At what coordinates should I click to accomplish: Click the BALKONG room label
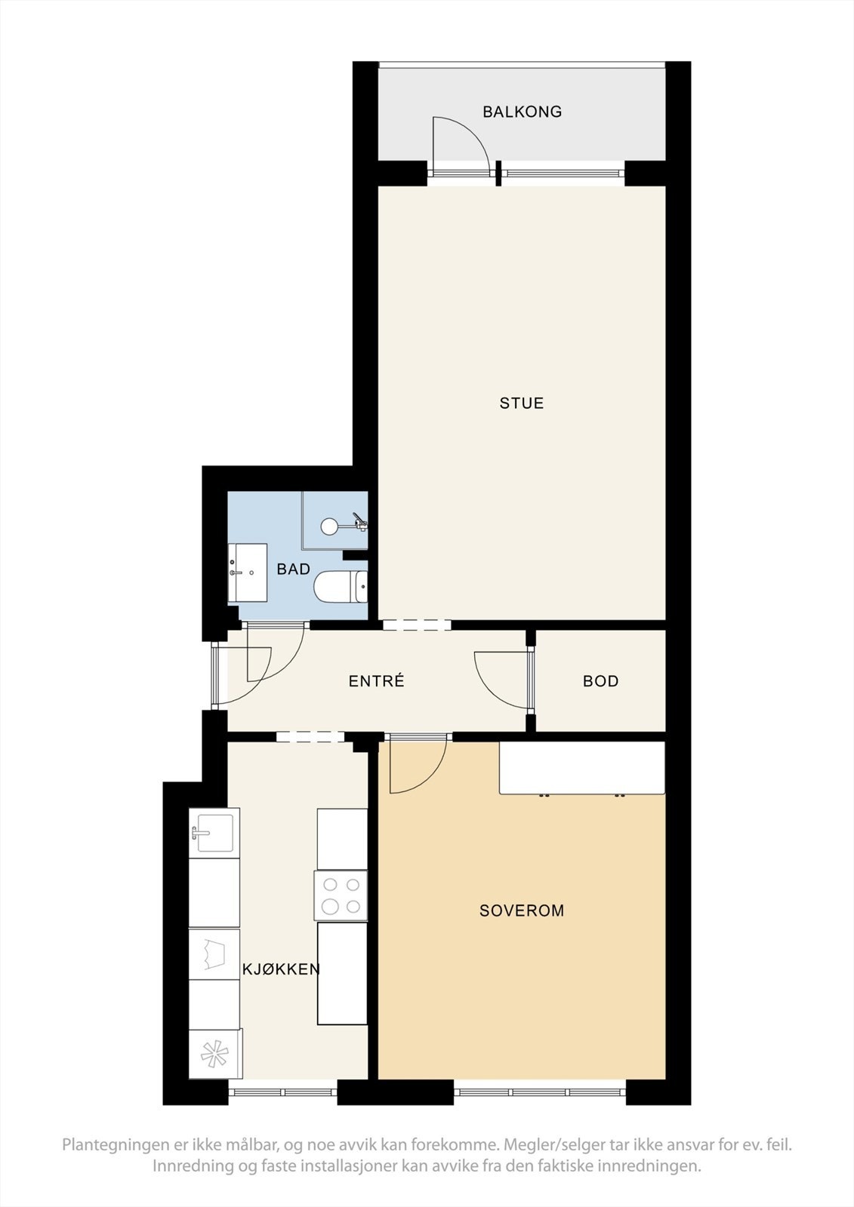(522, 112)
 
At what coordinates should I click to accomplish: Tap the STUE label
(521, 403)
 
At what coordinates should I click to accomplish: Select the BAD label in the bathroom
(293, 570)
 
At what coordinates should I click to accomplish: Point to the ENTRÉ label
(376, 681)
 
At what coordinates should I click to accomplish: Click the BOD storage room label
(600, 681)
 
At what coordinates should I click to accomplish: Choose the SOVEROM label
(522, 911)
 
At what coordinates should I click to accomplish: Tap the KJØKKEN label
(281, 969)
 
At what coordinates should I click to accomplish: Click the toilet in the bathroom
(340, 588)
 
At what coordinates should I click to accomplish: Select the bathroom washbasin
(248, 573)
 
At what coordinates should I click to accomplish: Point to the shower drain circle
(330, 526)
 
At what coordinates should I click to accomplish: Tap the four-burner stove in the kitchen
(341, 895)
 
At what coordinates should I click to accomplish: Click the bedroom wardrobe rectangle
(581, 767)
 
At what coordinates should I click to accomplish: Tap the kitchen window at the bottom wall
(283, 1092)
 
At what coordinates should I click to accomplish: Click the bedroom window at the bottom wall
(539, 1092)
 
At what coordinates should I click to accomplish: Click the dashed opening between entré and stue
(416, 625)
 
